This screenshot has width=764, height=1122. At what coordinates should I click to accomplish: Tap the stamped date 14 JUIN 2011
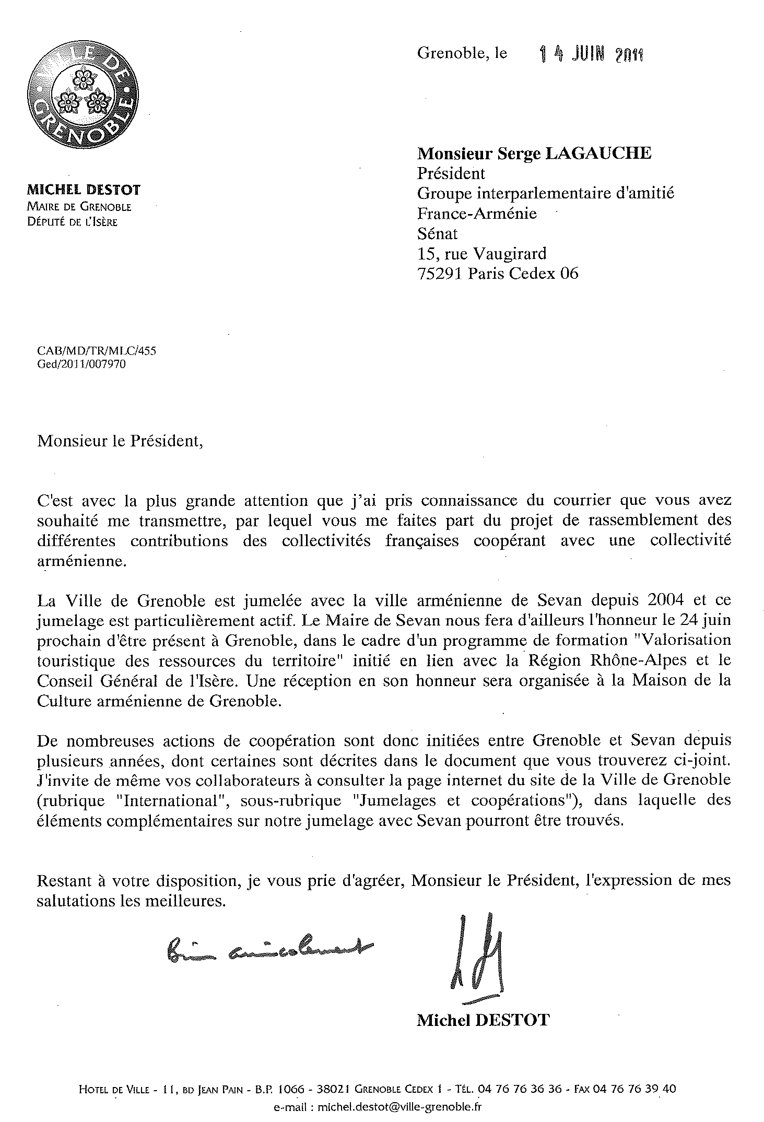point(591,54)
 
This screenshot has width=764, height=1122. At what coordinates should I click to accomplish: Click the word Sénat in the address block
point(437,233)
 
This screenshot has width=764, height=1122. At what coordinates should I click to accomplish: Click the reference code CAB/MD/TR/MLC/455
point(97,351)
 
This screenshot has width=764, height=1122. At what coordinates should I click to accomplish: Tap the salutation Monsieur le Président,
point(120,441)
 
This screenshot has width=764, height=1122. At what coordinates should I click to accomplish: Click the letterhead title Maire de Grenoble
point(79,207)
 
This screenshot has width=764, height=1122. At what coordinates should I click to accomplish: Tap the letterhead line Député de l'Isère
point(73,222)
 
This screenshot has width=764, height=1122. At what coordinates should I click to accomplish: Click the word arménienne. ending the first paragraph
point(81,561)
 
